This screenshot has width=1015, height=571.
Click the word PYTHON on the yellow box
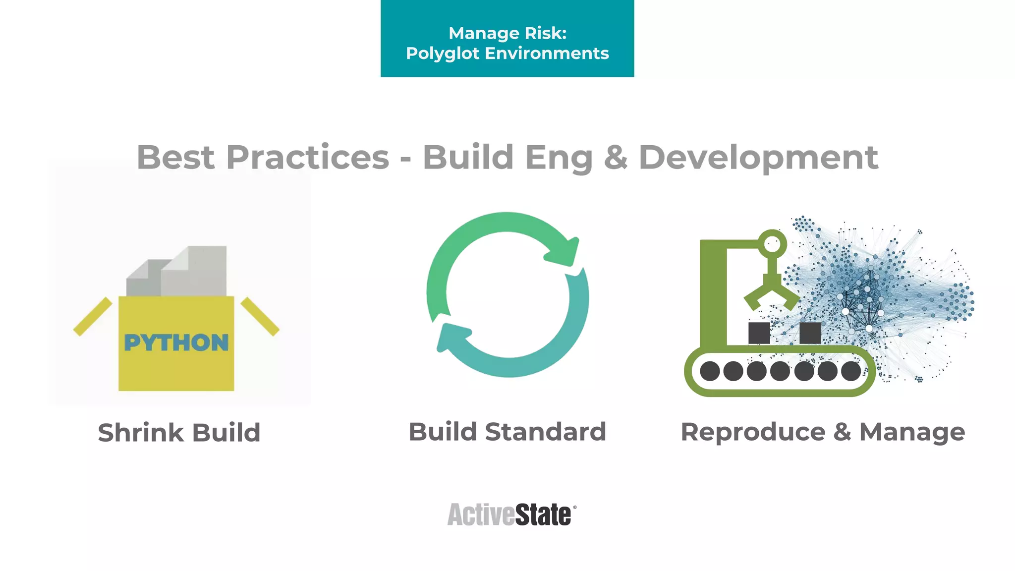click(x=176, y=343)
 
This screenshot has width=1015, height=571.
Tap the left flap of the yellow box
click(x=93, y=316)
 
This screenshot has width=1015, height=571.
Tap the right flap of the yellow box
click(x=260, y=316)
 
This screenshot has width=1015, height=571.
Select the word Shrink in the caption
click(x=141, y=433)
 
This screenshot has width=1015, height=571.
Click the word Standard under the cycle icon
click(x=545, y=432)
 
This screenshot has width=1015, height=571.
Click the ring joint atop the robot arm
click(x=772, y=243)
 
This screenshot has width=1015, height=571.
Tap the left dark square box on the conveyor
click(x=759, y=333)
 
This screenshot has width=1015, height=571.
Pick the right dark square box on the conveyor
click(x=810, y=333)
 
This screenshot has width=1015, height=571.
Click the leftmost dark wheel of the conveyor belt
click(x=710, y=371)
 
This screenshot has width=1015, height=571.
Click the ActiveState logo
click(x=511, y=514)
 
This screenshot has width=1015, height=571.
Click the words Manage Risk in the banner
click(x=507, y=33)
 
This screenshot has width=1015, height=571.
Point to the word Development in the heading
click(x=758, y=158)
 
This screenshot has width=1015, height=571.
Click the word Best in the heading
click(x=175, y=158)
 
